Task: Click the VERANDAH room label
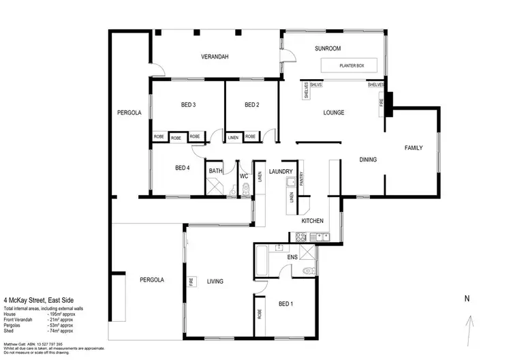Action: (214, 57)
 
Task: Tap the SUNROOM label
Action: (327, 49)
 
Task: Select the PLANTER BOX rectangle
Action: (352, 65)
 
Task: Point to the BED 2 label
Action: (252, 105)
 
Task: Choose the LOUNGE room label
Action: (333, 112)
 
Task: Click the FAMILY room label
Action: (414, 148)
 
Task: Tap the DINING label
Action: (368, 160)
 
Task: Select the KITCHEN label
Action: (312, 222)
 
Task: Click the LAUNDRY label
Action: (281, 172)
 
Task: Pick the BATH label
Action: (216, 171)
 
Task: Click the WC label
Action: (243, 176)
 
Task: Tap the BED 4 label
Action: (183, 168)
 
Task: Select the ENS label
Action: (292, 257)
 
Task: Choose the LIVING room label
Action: (216, 281)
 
